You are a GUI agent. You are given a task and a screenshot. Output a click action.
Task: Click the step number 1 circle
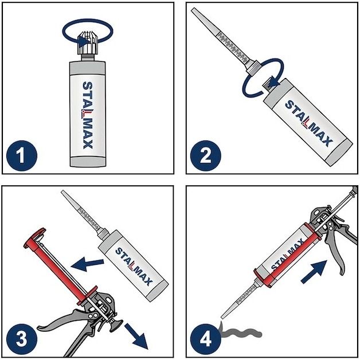tap(22, 156)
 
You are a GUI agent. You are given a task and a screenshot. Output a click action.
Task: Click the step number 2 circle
tap(205, 156)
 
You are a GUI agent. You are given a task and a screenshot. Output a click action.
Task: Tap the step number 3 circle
tap(22, 339)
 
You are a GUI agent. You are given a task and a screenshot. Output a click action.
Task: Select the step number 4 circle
tap(205, 339)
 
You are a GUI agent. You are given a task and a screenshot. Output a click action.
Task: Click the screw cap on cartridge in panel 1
tap(88, 44)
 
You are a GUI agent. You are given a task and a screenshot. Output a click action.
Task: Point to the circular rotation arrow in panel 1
tap(88, 20)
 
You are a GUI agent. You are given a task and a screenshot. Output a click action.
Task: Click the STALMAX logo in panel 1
tap(88, 115)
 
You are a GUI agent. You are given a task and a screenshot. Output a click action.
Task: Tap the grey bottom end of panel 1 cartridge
tap(88, 162)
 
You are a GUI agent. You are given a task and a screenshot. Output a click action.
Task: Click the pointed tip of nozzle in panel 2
tap(193, 9)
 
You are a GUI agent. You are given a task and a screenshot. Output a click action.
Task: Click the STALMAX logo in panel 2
tap(308, 123)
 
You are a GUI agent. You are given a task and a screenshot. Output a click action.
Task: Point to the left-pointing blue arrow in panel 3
tap(87, 264)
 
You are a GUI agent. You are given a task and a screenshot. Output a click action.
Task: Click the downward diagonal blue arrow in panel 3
tap(136, 336)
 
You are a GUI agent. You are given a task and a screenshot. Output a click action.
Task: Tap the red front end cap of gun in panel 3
tap(34, 238)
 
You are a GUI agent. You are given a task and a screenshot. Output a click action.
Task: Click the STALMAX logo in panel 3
tap(134, 267)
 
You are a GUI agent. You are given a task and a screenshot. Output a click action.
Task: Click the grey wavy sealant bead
tap(241, 332)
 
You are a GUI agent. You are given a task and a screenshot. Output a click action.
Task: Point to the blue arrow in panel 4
tap(314, 272)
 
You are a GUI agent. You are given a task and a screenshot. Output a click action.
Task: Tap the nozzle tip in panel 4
tap(222, 317)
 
